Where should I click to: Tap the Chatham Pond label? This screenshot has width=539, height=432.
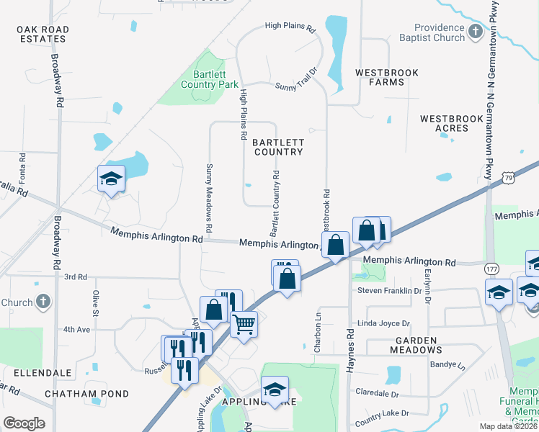click(x=86, y=394)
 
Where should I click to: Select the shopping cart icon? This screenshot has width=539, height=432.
click(x=244, y=324)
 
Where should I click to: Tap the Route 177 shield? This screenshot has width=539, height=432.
click(x=491, y=267)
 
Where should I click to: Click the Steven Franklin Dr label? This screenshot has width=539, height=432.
click(x=389, y=291)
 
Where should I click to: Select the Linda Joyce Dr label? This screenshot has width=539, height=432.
click(x=383, y=324)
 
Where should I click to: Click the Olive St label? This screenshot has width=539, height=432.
click(x=95, y=303)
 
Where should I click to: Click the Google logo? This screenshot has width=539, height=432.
click(x=24, y=423)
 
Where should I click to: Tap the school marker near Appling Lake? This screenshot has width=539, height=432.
click(x=274, y=390)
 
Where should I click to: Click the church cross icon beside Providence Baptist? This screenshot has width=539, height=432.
click(x=475, y=32)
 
